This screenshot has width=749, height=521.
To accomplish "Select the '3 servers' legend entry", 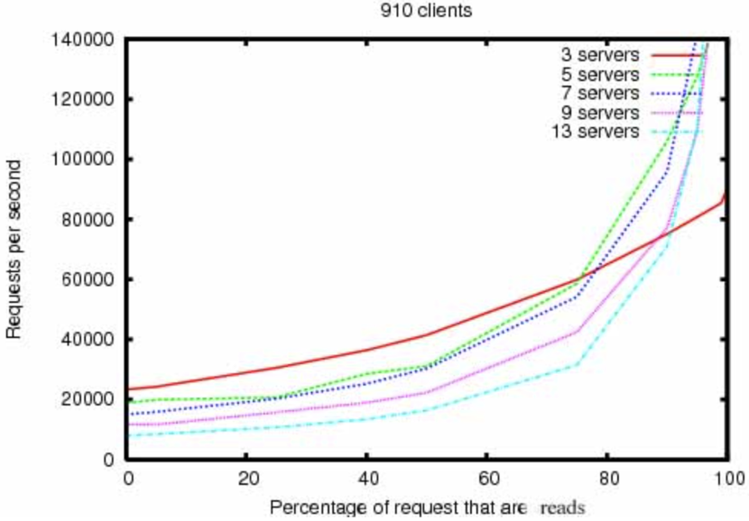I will [x=599, y=54].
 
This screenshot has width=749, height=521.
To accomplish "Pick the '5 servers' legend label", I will [x=599, y=74].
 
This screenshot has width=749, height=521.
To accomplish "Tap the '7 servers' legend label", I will [x=599, y=93].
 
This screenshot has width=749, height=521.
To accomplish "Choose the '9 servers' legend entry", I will [x=599, y=113].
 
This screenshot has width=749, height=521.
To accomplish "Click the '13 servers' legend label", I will [x=596, y=132].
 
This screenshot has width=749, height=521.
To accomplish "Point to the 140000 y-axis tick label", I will [x=81, y=40].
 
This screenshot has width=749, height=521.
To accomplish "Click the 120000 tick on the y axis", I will [x=81, y=99].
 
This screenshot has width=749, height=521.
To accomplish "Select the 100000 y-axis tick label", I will [x=81, y=160].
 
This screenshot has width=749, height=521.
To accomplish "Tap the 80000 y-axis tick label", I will [x=86, y=219].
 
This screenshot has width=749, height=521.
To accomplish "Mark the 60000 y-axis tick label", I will [x=86, y=279].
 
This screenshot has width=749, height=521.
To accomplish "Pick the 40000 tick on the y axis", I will [x=86, y=340].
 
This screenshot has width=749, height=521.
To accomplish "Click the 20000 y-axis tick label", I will [x=86, y=399].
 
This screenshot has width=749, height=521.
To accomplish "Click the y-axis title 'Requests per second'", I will [x=14, y=250].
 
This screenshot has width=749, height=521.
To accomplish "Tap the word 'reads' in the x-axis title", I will [x=562, y=506].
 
